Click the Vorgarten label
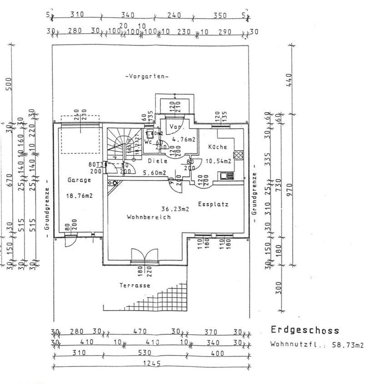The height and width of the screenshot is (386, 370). coord(146,77)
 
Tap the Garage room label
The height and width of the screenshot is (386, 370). coord(79,180)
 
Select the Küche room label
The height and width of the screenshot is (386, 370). coord(218,147)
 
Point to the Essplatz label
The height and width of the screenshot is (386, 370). coord(213,204)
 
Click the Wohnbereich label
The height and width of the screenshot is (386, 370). coord(148,217)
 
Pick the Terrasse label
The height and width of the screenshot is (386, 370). coord(135,286)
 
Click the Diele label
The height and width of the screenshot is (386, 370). coord(158,161)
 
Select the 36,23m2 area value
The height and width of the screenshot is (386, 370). coord(175,209)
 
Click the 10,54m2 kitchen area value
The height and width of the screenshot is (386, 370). coord(219,161)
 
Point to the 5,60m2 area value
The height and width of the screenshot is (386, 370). coord(154,173)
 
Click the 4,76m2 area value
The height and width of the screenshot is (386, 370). coord(184,140)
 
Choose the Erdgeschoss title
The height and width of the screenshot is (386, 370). coord(305,330)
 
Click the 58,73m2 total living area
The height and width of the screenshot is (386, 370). coord(349,345)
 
